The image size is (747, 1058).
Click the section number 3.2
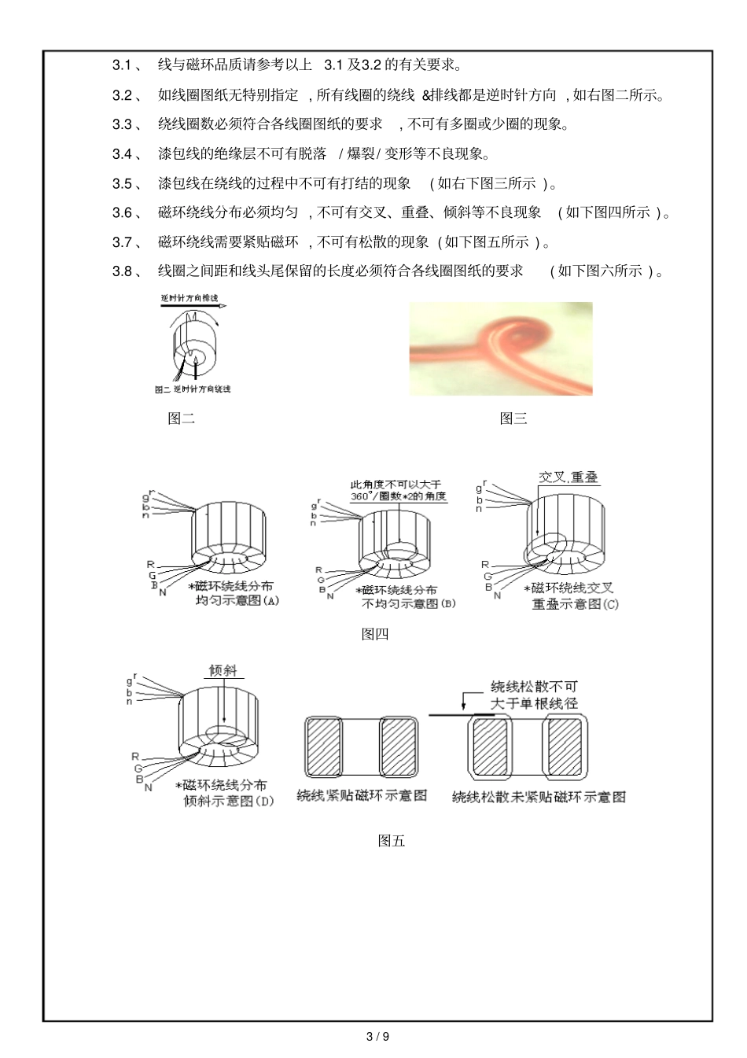[x=123, y=95]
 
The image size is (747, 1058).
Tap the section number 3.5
[x=123, y=183]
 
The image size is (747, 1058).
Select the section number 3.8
[x=123, y=271]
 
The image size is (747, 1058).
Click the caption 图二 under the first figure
[x=181, y=418]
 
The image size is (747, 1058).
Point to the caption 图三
[x=513, y=418]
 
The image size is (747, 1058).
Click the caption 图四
[x=374, y=634]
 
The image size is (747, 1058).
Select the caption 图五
[x=391, y=841]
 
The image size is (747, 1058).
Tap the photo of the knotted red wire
[x=500, y=348]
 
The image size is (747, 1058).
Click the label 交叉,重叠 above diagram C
[x=568, y=477]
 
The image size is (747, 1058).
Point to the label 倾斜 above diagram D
[x=223, y=671]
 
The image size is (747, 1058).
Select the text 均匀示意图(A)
[x=237, y=600]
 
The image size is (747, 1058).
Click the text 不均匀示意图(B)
[x=408, y=603]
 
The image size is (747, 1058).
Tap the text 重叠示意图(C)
[x=575, y=603]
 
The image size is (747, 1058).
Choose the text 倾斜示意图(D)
[x=228, y=801]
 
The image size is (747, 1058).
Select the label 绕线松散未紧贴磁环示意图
[x=538, y=797]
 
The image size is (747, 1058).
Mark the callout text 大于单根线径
[x=534, y=703]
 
